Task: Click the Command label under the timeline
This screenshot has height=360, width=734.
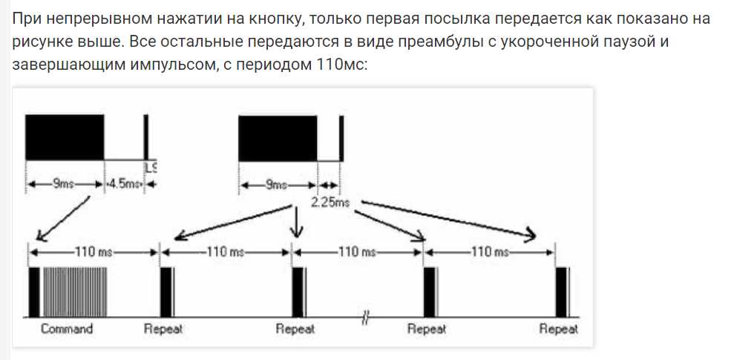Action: tap(67, 329)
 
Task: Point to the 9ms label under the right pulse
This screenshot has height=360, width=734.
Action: tap(277, 185)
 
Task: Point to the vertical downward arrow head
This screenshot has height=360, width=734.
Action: tap(297, 232)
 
